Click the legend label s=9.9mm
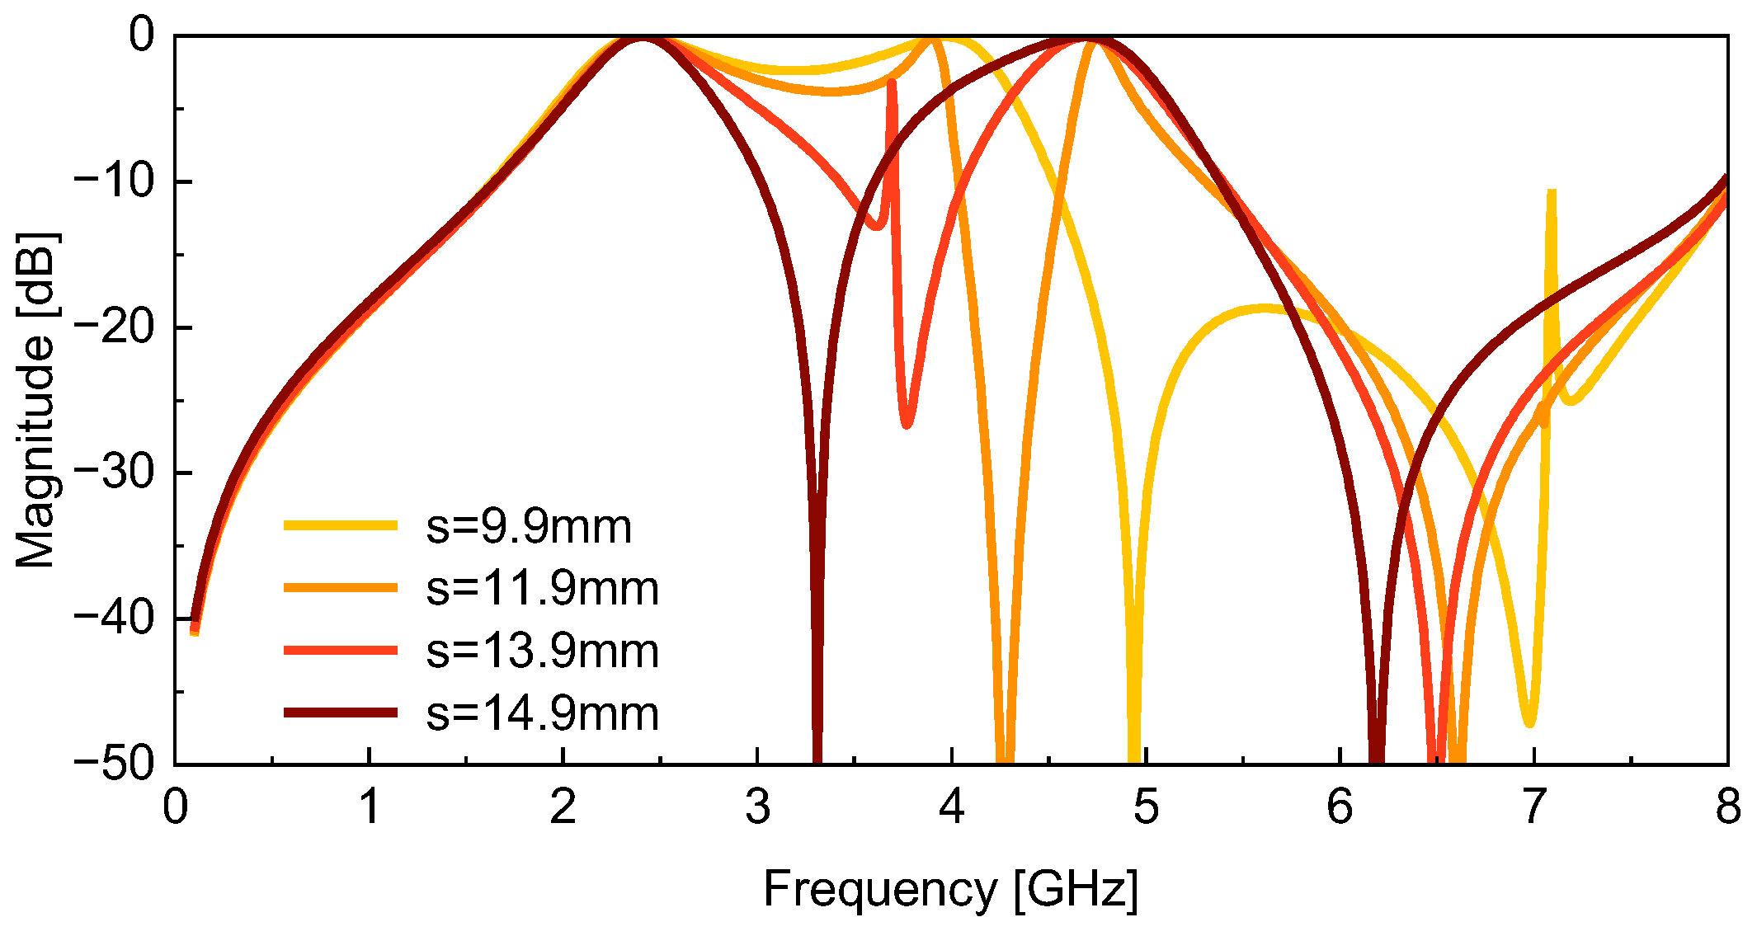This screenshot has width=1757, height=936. coord(528,526)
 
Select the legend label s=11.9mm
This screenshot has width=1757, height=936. coord(542,589)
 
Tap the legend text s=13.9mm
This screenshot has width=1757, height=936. coord(542,651)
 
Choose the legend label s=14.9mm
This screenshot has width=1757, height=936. coord(542,713)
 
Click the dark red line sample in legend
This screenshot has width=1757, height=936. coord(340,713)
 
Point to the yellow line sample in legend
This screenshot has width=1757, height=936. coord(340,525)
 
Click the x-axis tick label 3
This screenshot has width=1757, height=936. coord(757,807)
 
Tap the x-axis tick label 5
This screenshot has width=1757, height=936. coord(1146,807)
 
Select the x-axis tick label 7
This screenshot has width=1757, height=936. coord(1533,807)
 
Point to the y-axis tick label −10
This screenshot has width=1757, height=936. coord(114,181)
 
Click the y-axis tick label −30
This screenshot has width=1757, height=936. coord(114,473)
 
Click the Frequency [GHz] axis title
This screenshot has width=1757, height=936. coord(950,890)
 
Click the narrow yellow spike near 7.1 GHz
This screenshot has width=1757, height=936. coord(1552,198)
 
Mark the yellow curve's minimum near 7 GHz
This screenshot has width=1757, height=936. coord(1530,722)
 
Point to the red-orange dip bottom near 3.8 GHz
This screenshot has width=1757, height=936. coord(907,424)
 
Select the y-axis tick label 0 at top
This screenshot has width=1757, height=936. coord(141,36)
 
